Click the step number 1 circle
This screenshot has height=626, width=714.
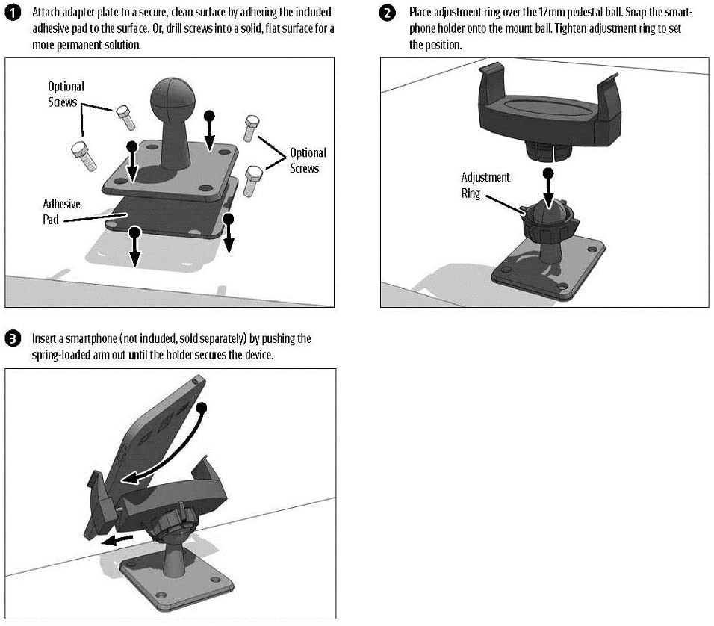13,13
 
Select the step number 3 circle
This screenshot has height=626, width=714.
13,339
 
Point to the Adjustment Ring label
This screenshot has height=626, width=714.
485,185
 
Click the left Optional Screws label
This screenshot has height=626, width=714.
66,94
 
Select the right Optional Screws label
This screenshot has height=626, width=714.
308,161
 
